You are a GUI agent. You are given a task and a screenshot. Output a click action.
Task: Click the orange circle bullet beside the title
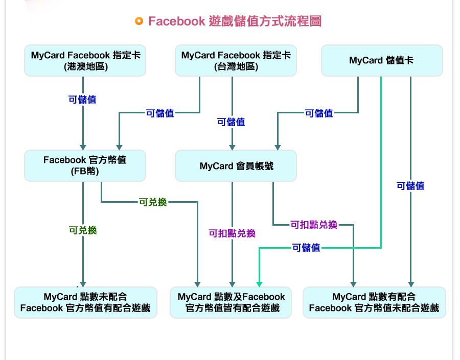click(x=139, y=21)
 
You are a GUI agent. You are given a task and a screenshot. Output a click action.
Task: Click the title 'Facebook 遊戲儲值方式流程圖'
click(x=235, y=21)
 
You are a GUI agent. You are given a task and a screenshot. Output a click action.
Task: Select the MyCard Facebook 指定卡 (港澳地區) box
click(x=85, y=61)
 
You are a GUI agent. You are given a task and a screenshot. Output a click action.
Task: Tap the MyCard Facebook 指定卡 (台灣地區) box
click(x=236, y=61)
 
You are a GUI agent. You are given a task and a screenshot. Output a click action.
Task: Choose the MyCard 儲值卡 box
click(x=381, y=61)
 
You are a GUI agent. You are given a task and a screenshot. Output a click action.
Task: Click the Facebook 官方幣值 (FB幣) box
click(x=85, y=165)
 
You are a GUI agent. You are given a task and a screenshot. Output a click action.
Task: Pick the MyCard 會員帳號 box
click(x=236, y=166)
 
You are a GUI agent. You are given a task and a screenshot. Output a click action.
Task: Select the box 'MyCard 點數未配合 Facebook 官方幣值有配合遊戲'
click(x=85, y=302)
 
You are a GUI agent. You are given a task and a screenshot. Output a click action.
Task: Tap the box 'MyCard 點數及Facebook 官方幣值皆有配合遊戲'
click(x=232, y=302)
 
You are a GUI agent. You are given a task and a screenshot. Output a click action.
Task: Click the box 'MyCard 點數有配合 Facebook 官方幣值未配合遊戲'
click(x=374, y=302)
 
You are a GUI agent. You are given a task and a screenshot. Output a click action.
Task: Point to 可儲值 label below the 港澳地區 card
click(x=82, y=100)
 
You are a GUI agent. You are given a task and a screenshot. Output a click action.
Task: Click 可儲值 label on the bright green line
click(x=306, y=248)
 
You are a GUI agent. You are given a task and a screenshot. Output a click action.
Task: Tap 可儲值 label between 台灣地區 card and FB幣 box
click(x=160, y=113)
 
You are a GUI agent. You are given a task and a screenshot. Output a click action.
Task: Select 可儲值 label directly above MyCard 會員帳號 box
click(x=231, y=122)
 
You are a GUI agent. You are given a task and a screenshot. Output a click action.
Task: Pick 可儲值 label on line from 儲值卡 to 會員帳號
click(x=319, y=113)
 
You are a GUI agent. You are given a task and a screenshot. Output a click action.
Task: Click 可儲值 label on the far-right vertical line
click(x=410, y=186)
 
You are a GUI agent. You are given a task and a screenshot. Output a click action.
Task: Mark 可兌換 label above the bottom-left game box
click(x=83, y=230)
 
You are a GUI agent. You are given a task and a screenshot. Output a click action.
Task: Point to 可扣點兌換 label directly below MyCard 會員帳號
click(x=232, y=233)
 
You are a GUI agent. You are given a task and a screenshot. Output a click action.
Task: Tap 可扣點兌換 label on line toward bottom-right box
click(x=314, y=225)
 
